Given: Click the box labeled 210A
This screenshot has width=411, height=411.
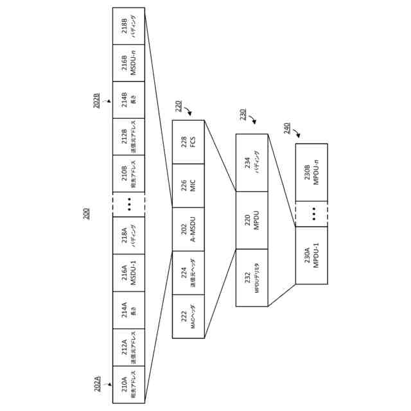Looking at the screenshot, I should (x=128, y=384).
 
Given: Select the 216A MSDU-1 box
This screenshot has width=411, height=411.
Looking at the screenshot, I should (x=128, y=273).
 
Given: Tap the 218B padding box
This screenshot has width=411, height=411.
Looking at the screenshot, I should (x=128, y=26).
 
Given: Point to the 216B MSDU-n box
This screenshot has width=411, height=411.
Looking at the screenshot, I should (x=128, y=63).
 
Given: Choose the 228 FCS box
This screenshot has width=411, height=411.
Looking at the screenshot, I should (x=188, y=142).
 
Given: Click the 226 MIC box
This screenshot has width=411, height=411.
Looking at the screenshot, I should (x=188, y=186).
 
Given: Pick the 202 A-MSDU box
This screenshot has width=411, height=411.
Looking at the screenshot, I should (x=188, y=229).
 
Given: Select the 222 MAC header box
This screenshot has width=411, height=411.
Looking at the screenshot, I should (x=188, y=316).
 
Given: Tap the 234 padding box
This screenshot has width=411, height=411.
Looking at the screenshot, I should (x=252, y=162).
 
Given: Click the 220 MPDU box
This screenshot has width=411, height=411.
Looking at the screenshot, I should (x=252, y=220).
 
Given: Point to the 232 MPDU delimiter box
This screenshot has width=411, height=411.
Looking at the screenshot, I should (x=252, y=277).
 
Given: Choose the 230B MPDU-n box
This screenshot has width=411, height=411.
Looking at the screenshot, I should (x=311, y=172).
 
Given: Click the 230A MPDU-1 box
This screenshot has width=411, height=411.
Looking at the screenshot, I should (x=311, y=255).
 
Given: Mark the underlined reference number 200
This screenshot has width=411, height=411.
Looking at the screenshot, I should (x=87, y=213).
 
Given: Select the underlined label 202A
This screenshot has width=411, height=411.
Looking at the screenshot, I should (x=98, y=384).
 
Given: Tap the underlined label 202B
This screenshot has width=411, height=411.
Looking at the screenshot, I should (x=97, y=100).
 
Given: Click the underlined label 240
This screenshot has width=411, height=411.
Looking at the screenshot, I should (x=287, y=128).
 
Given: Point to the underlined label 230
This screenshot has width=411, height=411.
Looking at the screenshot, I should (x=243, y=114).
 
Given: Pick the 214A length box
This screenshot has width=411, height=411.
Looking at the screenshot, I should (x=128, y=310).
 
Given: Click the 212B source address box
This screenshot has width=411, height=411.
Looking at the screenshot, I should (x=128, y=136).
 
